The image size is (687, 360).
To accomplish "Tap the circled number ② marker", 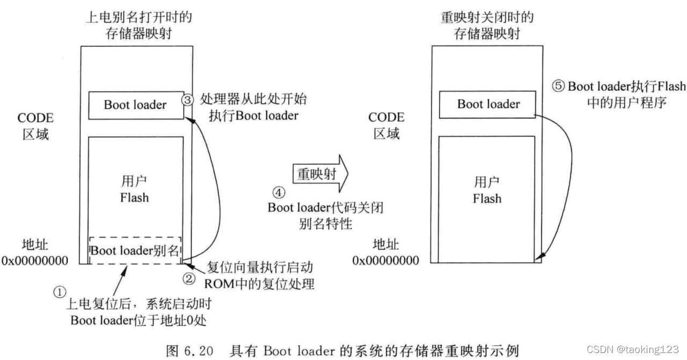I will [188, 279].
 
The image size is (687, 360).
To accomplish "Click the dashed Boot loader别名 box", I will [135, 250].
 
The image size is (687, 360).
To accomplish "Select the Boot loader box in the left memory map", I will [135, 105].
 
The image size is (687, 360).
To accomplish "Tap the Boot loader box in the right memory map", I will [488, 104].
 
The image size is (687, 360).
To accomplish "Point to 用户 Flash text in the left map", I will [134, 190].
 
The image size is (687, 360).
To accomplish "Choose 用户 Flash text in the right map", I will [487, 190].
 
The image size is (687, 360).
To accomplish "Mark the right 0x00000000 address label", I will [385, 260].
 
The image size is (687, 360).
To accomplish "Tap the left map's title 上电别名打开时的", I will [139, 17].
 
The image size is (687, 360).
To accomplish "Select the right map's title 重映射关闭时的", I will [487, 17].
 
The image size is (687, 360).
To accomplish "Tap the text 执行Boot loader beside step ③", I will [249, 115].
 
